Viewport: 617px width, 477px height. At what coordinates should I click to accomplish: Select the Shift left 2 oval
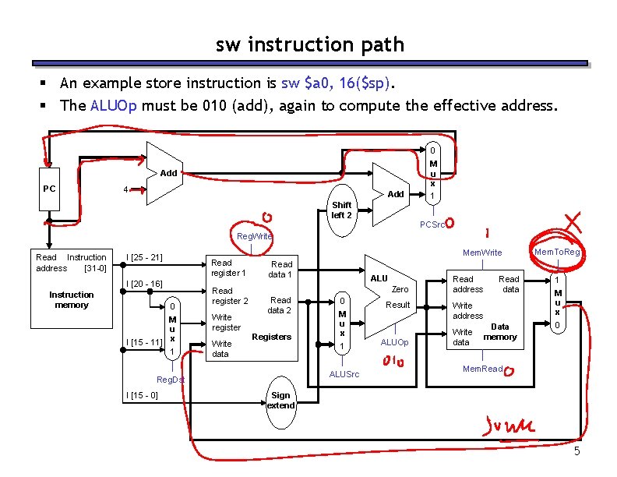pos(341,209)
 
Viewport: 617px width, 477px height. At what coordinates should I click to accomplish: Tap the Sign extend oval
pos(280,401)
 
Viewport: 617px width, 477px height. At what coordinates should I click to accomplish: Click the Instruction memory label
pos(71,299)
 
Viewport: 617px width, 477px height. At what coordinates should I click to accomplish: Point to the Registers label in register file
pos(271,337)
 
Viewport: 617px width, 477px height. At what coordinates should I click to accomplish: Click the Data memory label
pos(500,332)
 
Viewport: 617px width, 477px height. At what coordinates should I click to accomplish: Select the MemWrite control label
pos(482,253)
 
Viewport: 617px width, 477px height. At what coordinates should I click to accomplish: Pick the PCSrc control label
pos(432,224)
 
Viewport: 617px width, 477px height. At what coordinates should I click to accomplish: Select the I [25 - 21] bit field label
pos(144,257)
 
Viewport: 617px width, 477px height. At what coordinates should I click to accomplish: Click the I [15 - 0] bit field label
pos(143,395)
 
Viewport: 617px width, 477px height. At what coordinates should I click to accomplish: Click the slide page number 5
pos(576,453)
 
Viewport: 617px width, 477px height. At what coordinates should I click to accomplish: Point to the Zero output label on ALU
pos(400,288)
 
